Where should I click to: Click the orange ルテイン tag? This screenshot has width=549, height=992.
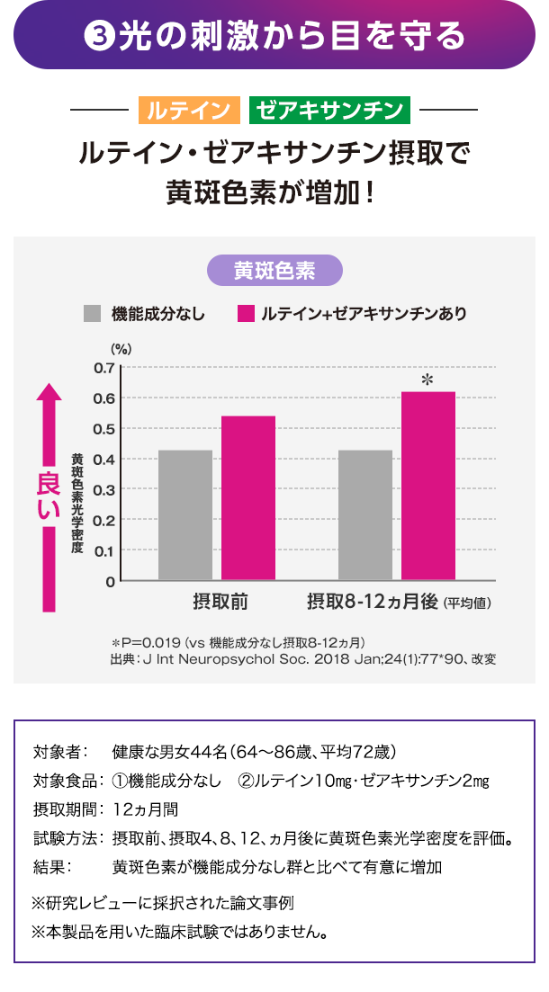[189, 111]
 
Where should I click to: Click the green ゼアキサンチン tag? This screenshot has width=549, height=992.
[329, 111]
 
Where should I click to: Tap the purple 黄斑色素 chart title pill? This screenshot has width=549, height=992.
[274, 271]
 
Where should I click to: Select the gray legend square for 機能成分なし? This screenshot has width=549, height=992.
[92, 314]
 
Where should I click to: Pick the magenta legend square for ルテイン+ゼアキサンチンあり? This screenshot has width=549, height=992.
[246, 314]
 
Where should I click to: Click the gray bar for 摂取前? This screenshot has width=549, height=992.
[185, 514]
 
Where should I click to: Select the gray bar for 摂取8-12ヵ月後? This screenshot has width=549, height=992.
[365, 514]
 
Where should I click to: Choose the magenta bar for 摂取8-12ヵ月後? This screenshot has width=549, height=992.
[428, 486]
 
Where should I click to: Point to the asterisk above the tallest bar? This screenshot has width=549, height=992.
[427, 381]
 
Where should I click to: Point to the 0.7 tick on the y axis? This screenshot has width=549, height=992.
[104, 368]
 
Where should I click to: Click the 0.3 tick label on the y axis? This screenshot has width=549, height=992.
[104, 489]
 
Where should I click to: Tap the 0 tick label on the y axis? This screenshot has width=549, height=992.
[110, 581]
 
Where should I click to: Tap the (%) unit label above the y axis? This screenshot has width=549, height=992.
[121, 349]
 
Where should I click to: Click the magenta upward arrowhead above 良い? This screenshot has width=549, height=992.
[49, 395]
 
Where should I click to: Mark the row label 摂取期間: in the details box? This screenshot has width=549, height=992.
[66, 808]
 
